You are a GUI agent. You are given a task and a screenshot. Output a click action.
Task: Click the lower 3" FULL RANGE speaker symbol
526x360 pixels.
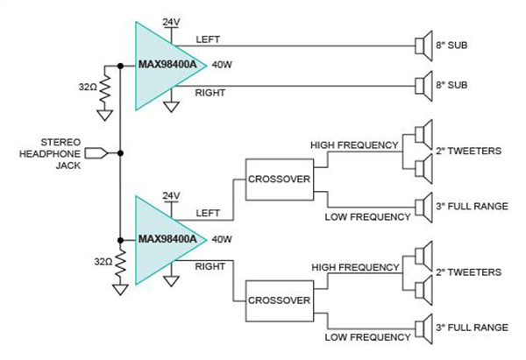(423, 328)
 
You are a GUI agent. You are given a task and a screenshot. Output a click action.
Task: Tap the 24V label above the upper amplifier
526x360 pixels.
(171, 18)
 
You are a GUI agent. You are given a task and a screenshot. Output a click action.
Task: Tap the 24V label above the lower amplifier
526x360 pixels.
(171, 194)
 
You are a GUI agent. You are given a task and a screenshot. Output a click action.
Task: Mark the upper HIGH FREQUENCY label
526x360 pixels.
(349, 143)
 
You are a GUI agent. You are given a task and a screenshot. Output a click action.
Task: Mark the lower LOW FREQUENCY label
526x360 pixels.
(367, 337)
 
